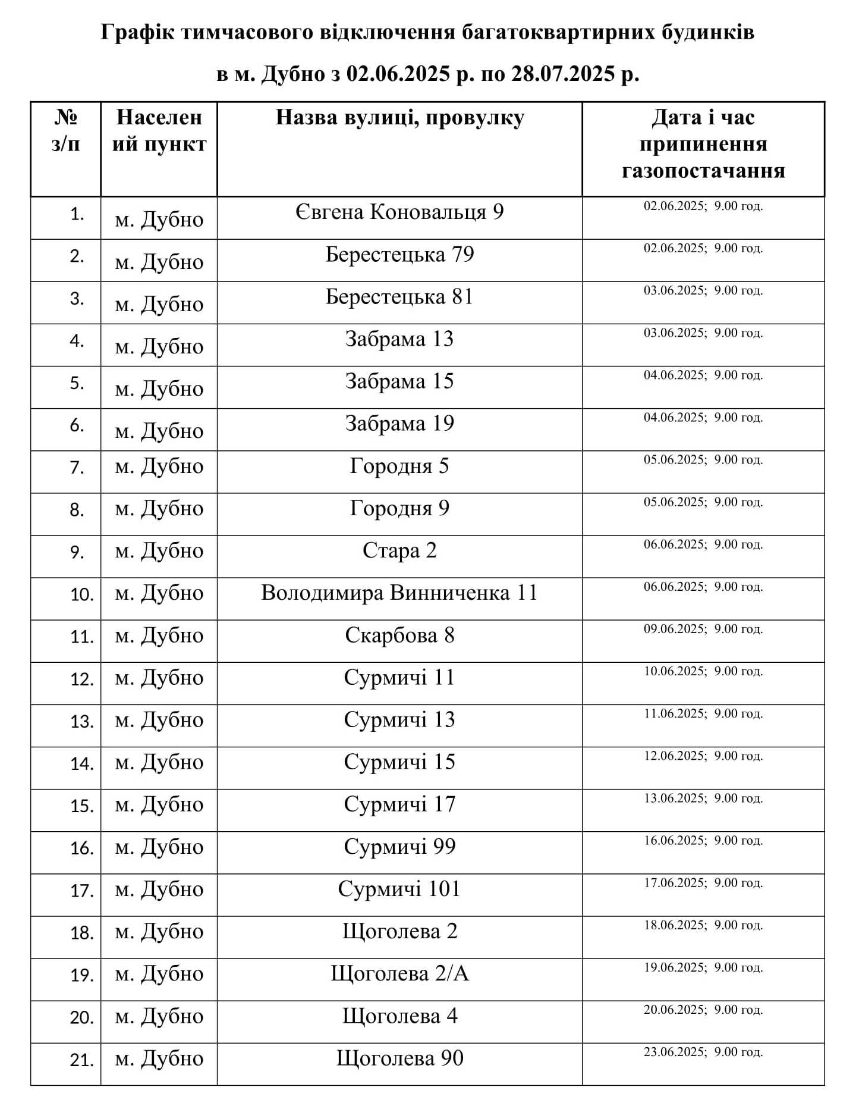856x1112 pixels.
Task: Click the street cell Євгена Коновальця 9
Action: pos(399,212)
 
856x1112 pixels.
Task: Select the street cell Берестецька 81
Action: pos(399,297)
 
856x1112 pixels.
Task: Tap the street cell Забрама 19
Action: pos(399,424)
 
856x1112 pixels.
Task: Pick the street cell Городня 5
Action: pos(399,466)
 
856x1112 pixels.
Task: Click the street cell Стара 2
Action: pos(399,551)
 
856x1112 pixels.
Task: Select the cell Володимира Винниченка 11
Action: pos(399,593)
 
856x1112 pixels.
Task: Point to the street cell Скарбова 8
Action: pos(399,635)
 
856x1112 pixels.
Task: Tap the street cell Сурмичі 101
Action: pos(399,889)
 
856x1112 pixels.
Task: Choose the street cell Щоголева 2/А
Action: pos(399,974)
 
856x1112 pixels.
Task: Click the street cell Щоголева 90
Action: pos(399,1058)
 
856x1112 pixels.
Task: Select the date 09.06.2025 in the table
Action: pos(675,629)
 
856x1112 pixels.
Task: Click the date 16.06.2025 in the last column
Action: pos(675,841)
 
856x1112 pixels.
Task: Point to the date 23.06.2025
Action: pos(675,1052)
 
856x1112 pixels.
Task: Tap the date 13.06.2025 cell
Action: pos(675,798)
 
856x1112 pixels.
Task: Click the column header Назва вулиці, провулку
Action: pos(399,118)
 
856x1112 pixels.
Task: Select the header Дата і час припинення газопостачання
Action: pos(703,144)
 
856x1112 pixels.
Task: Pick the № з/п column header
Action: pos(65,131)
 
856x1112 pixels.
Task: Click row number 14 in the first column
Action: pos(82,763)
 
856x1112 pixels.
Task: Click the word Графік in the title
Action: pos(137,32)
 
